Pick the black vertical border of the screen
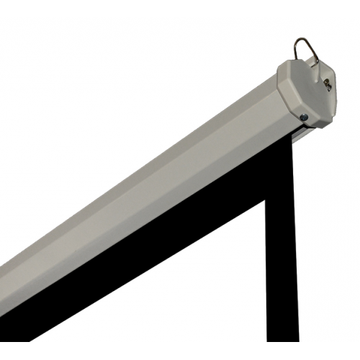(x=282, y=252)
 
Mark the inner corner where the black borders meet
(x=266, y=202)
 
